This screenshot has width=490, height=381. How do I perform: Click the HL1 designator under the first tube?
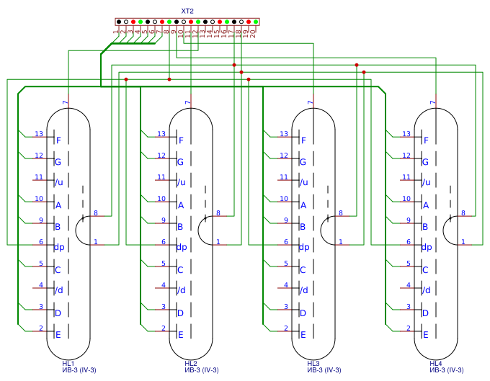pos(68,363)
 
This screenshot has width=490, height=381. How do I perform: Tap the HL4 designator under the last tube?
pos(436,363)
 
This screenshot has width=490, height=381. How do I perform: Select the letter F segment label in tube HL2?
pos(181,140)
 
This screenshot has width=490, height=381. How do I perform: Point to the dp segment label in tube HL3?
pos(304,247)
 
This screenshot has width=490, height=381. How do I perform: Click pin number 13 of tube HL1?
pos(40,133)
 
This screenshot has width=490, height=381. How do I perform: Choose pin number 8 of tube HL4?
pos(463,213)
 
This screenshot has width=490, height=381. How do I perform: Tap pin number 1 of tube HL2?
pos(218,242)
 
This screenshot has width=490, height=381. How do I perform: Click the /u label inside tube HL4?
pos(426,183)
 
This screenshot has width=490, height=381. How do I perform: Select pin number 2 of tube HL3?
pos(285,328)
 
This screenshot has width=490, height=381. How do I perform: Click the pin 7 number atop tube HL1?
pos(65,103)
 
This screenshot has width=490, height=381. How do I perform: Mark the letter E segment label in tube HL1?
pos(58,335)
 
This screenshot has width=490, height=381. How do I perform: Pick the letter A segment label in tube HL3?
pos(303,205)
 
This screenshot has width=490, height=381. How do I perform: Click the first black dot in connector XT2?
pos(119,22)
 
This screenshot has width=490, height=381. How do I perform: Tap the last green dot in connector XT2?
pos(256,22)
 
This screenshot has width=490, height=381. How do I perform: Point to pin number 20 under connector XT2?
pos(254,33)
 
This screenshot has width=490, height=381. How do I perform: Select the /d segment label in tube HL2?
pos(181,291)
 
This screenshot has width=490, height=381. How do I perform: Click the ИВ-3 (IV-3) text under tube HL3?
pos(324,370)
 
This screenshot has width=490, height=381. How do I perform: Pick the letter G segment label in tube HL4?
pos(426,162)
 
